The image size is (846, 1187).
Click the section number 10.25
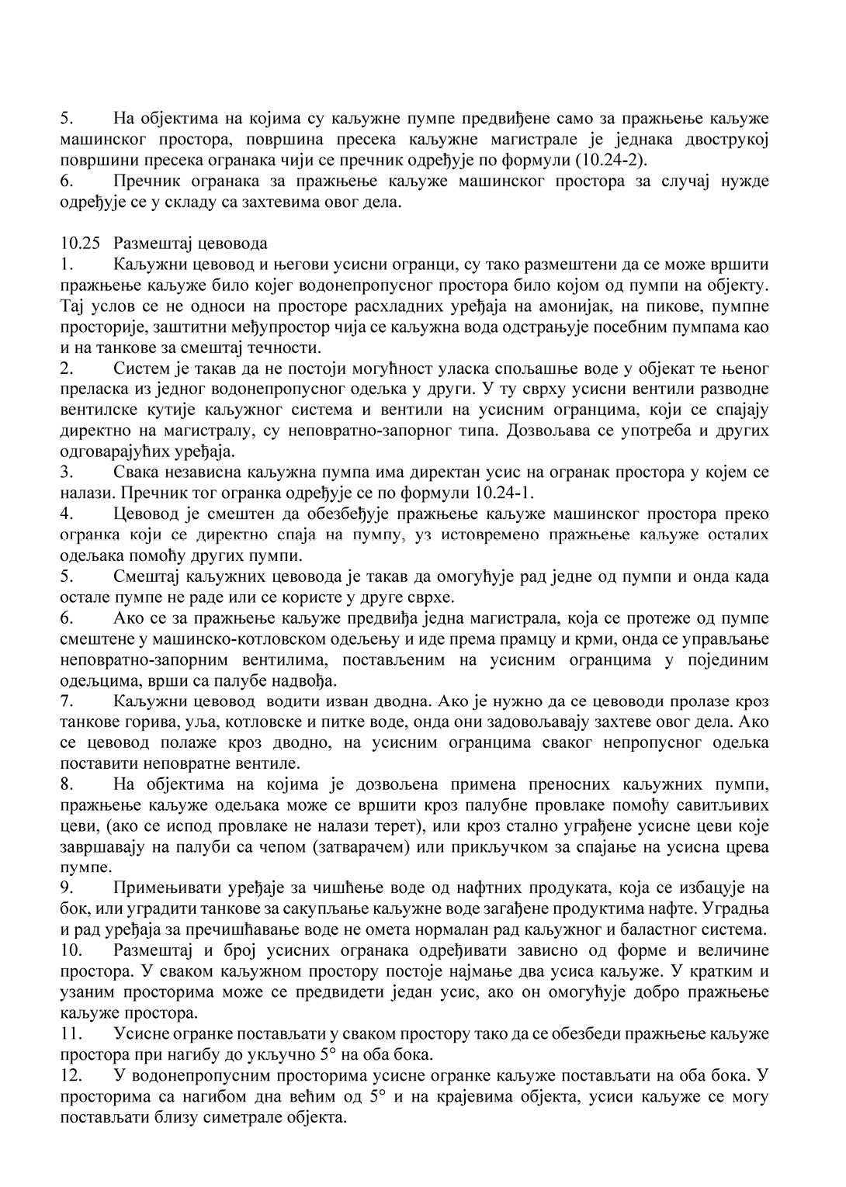[80, 243]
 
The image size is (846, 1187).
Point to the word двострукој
[725, 140]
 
